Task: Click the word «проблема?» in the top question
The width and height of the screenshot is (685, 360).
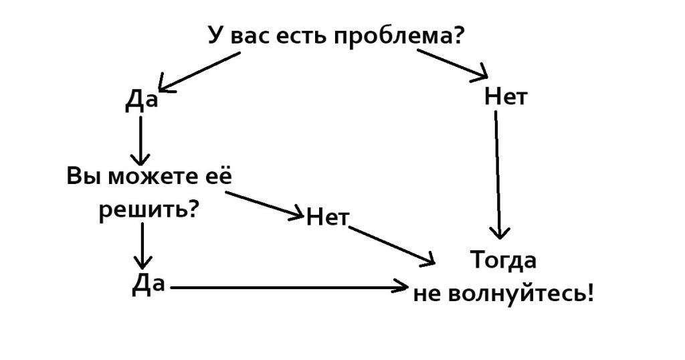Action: click(399, 37)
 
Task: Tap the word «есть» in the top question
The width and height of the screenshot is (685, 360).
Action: click(302, 36)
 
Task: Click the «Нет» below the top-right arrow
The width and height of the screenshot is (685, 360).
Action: click(506, 97)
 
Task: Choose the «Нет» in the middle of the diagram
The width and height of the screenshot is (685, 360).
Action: click(328, 217)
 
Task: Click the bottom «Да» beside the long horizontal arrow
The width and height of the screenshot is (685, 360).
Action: click(149, 284)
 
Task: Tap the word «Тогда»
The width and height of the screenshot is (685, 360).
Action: click(504, 261)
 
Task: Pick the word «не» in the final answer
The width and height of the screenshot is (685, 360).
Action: click(427, 295)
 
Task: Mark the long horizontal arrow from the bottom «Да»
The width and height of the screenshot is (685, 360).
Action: click(289, 288)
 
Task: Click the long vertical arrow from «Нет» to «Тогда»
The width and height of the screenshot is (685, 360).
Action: click(498, 175)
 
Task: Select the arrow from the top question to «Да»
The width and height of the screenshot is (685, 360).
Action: click(199, 72)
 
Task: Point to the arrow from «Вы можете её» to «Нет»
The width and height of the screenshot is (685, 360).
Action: click(264, 205)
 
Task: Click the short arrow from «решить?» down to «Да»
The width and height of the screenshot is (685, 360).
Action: click(142, 246)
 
